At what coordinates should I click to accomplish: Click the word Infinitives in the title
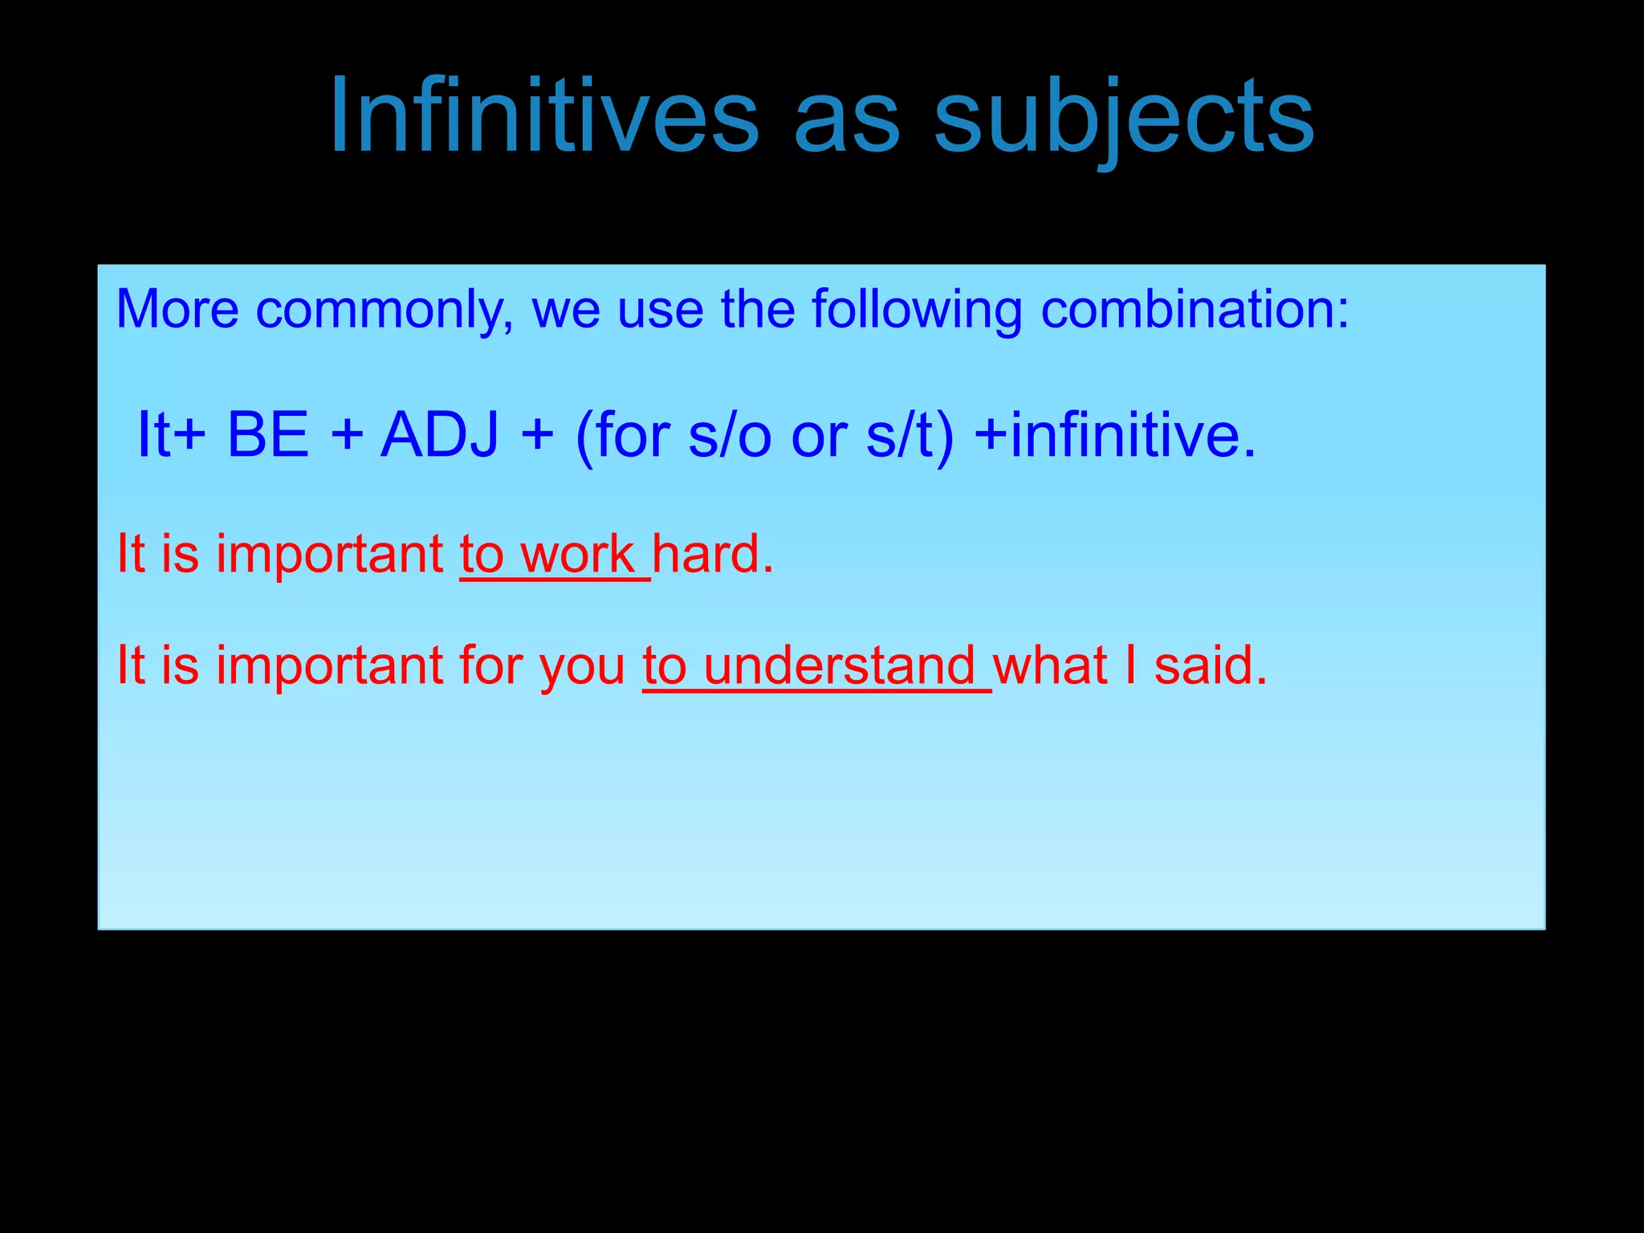544,116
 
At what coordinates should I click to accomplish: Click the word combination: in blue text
1194,309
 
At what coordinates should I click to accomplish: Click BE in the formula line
268,434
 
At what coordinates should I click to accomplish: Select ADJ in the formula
439,434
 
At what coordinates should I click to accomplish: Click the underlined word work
577,554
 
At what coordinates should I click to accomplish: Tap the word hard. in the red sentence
712,554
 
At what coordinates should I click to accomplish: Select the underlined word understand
839,666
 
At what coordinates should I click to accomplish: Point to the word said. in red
1211,666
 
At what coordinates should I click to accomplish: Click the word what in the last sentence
1050,666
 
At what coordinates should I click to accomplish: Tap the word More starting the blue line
177,309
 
